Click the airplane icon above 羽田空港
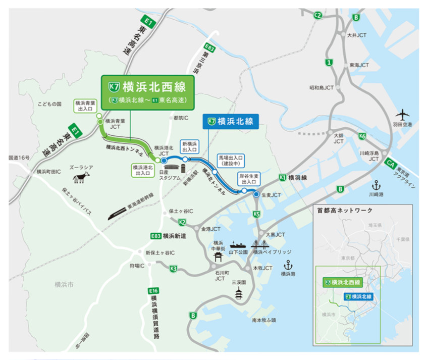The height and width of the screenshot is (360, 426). [403, 114]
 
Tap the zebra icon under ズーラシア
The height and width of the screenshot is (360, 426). [81, 177]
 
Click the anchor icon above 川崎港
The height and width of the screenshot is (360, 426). [375, 184]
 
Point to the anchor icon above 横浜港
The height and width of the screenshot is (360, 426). [288, 265]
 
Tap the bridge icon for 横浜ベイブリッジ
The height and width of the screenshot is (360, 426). [264, 244]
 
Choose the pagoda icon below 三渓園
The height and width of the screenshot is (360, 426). [239, 293]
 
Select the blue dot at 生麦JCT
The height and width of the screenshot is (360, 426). [256, 194]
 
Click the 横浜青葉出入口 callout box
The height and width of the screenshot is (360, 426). [85, 106]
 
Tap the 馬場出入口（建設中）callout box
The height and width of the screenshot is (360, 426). [230, 161]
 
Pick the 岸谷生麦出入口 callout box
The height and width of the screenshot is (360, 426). [249, 178]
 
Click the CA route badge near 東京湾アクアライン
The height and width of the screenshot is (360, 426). [389, 164]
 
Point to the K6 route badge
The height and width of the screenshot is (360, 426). [362, 136]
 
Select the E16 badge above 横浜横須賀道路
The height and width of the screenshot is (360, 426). [153, 291]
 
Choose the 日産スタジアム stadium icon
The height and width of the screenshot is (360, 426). [171, 167]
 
